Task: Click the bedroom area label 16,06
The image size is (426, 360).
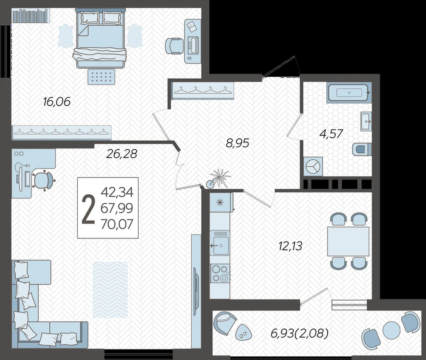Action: [x=56, y=102]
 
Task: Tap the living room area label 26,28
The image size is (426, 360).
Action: [x=122, y=154]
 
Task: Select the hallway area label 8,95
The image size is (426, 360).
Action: [x=237, y=143]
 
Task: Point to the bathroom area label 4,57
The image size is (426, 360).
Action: [x=331, y=134]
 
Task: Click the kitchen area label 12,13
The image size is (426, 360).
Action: [x=290, y=246]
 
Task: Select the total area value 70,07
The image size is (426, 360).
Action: [x=117, y=224]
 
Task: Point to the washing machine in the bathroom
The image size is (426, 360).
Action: [x=313, y=166]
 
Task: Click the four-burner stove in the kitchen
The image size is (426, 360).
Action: [x=220, y=273]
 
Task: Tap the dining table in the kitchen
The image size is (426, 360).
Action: [x=348, y=242]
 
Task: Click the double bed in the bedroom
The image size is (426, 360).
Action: [x=100, y=38]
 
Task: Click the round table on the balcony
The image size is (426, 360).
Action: [x=392, y=330]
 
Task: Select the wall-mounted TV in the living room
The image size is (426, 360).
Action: [x=195, y=291]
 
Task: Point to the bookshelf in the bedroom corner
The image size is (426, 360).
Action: [x=31, y=16]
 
